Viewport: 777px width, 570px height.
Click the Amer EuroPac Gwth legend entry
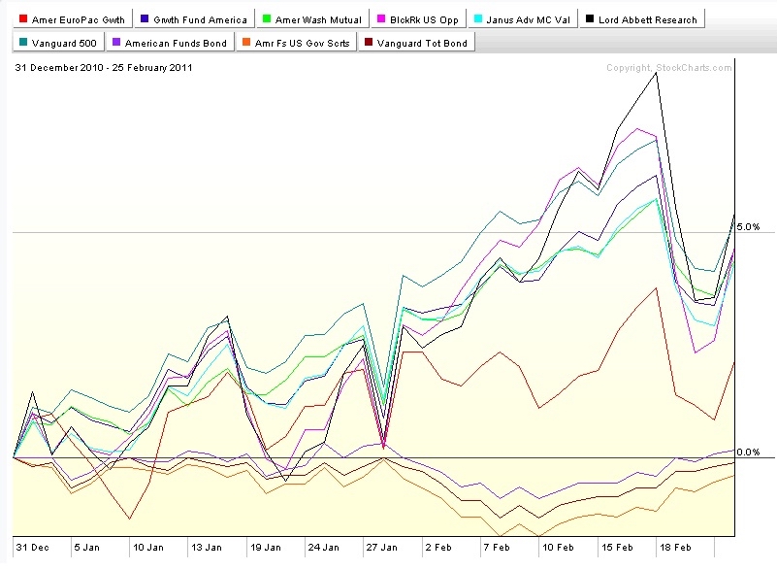point(73,19)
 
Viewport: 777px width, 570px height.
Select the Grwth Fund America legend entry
point(194,19)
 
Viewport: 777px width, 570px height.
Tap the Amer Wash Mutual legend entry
point(312,19)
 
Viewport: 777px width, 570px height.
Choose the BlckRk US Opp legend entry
point(419,19)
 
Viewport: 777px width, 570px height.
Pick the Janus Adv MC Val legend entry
point(523,19)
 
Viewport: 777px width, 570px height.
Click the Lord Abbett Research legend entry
point(642,19)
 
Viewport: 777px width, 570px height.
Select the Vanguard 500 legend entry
point(58,43)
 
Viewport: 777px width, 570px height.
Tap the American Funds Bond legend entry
point(171,43)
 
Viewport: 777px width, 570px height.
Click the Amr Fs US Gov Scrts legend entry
point(296,43)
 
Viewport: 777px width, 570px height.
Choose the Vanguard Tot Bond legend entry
point(416,43)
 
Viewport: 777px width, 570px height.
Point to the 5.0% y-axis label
point(748,226)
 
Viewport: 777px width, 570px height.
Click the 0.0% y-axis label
point(748,452)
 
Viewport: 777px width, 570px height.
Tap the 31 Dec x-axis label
point(32,547)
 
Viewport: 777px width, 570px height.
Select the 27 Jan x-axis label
point(381,547)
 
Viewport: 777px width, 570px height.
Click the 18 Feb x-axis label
point(675,547)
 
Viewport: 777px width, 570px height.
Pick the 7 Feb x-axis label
point(497,547)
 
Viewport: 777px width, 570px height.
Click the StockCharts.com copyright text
point(669,67)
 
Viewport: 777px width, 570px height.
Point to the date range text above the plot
point(104,67)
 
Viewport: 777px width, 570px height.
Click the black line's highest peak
point(657,73)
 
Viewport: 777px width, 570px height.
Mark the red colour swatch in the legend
point(22,18)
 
